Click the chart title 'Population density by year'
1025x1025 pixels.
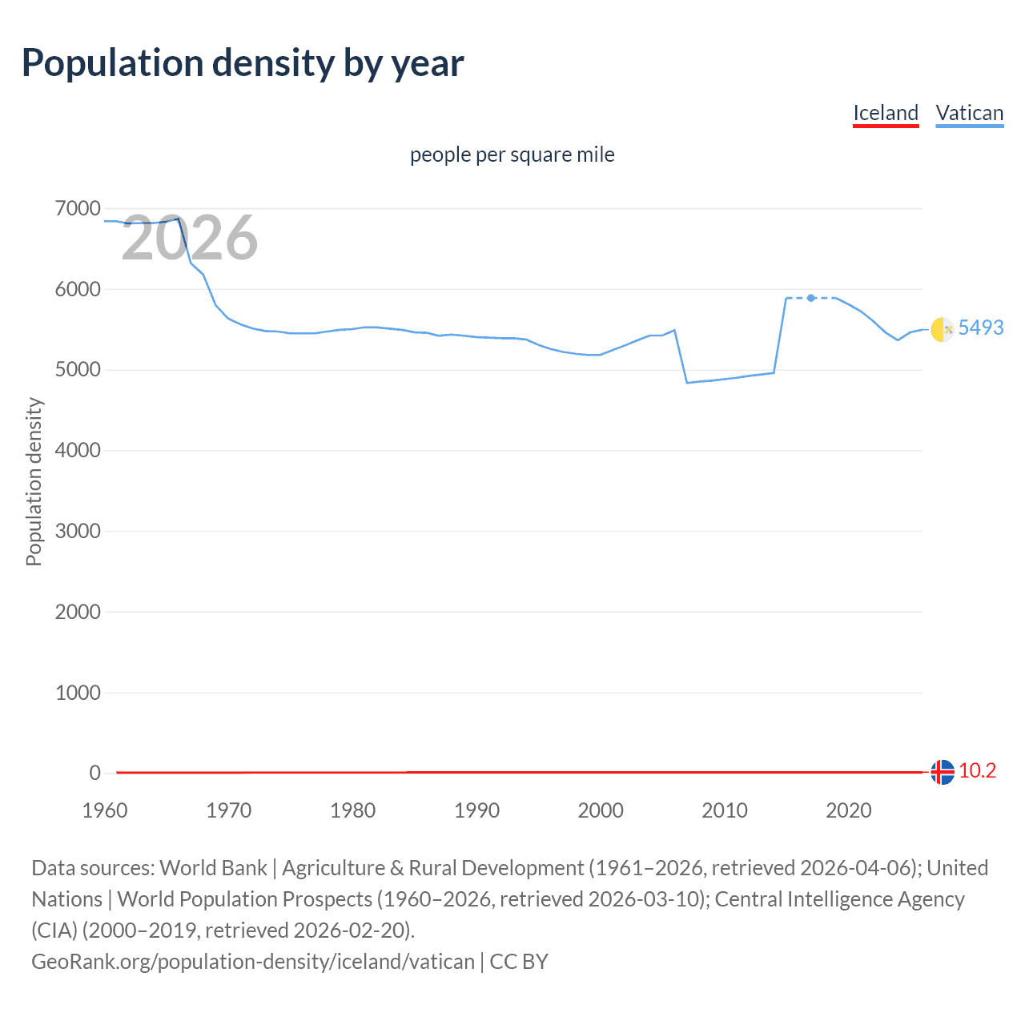[x=243, y=63]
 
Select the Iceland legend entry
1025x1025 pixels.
[x=885, y=113]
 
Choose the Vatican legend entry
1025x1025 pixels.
[x=969, y=113]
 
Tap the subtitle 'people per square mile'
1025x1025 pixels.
[x=512, y=155]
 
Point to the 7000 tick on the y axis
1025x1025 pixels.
[x=78, y=209]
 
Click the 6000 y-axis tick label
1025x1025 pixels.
[x=78, y=289]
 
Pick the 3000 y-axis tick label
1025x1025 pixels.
[x=78, y=531]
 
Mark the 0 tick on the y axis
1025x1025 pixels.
[x=94, y=773]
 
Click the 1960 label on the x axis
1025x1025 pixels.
[x=105, y=810]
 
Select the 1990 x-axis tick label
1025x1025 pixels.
[x=476, y=810]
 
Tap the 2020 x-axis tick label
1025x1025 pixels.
[x=848, y=810]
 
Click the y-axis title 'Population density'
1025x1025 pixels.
[x=34, y=482]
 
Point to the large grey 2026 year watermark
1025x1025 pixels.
[x=190, y=238]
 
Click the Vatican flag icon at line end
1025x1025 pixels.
[x=943, y=328]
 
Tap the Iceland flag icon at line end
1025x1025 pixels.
[x=943, y=772]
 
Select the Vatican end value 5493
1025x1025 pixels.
[x=980, y=328]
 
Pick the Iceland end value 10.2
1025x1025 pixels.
[x=977, y=770]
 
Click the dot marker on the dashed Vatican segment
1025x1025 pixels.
[x=811, y=298]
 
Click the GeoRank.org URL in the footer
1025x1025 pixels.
[x=252, y=961]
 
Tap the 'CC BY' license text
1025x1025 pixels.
[x=519, y=961]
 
